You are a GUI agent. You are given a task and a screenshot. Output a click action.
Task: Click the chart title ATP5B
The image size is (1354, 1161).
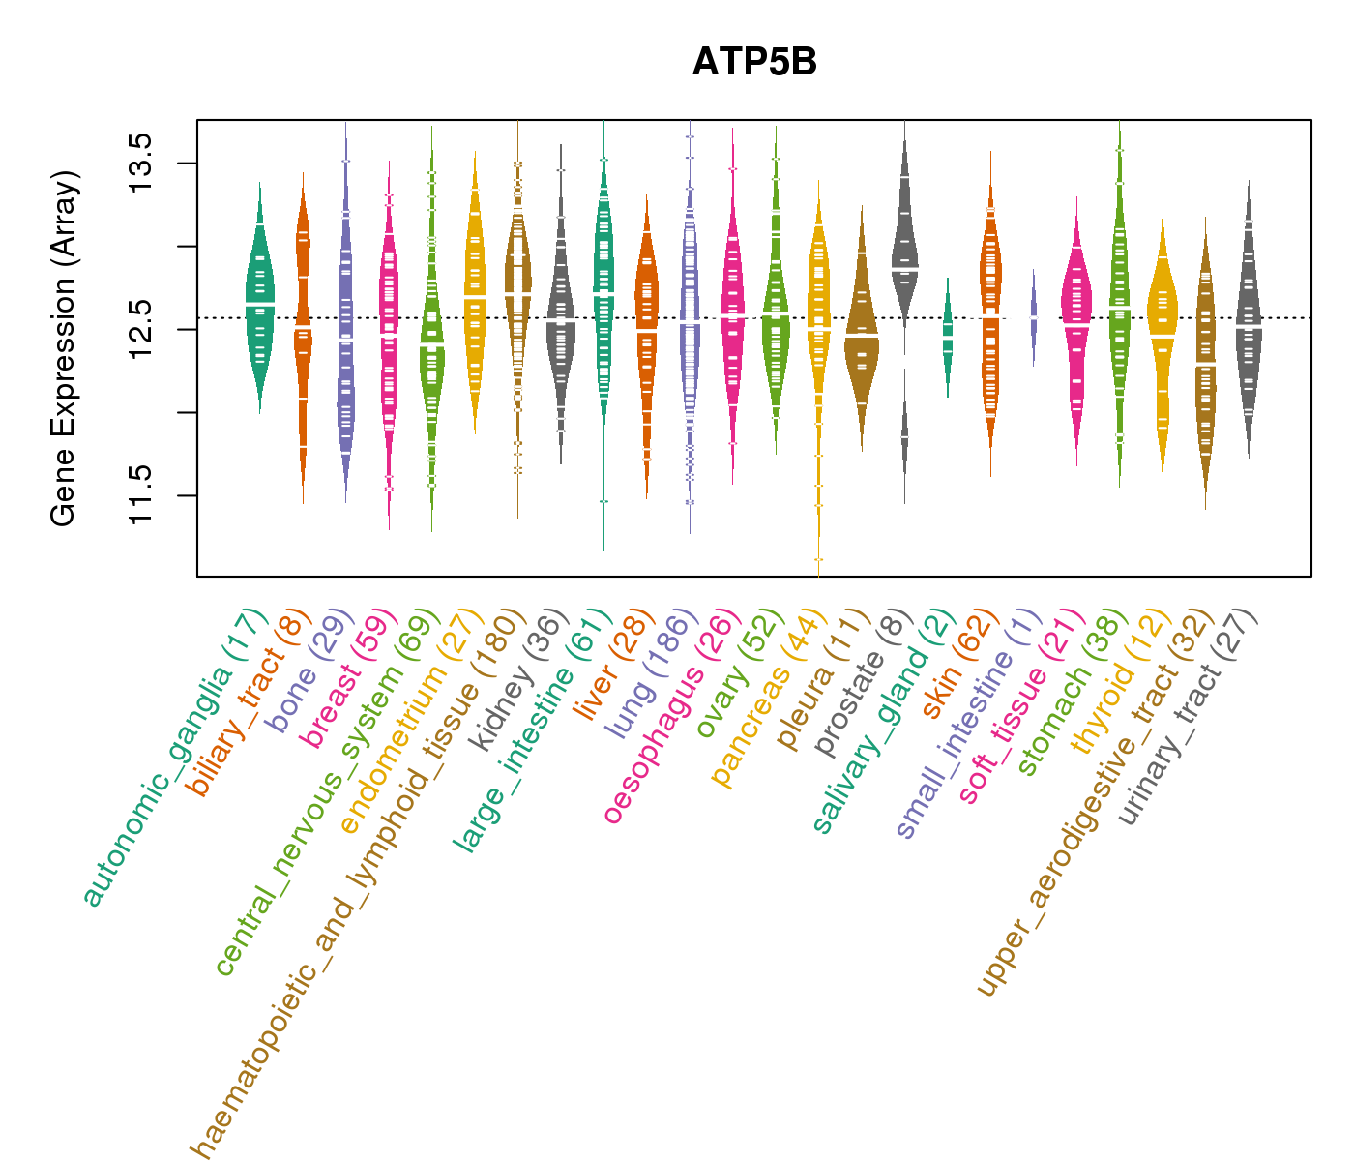pos(754,62)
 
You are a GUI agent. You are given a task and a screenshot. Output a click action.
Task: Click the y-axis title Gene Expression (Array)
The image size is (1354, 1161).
pos(64,348)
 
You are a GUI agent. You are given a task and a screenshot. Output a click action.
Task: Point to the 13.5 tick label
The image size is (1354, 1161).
pos(139,164)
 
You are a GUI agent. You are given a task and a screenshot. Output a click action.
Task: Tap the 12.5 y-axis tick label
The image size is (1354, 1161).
pos(139,329)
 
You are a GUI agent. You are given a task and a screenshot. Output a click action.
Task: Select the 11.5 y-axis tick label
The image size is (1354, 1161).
pos(139,495)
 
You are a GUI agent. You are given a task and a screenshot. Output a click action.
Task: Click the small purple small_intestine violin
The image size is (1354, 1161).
pos(1034,317)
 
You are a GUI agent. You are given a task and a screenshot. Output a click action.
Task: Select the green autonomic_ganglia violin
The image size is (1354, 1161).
pos(259,300)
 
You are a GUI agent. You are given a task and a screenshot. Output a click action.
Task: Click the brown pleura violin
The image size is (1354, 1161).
pos(861,334)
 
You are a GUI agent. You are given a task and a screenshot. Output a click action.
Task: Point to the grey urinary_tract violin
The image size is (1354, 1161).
pos(1249,319)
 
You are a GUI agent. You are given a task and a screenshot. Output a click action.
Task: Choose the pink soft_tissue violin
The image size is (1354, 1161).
pos(1076,310)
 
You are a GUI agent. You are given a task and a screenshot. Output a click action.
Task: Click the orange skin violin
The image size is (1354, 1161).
pos(990,310)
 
